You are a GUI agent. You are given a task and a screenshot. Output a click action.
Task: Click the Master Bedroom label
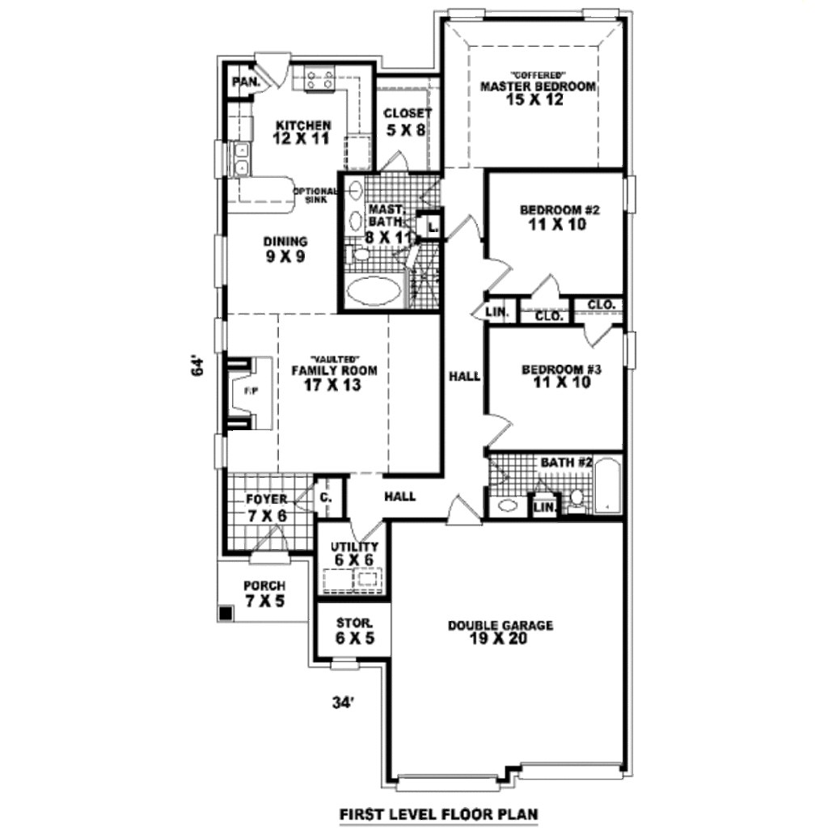coord(538,87)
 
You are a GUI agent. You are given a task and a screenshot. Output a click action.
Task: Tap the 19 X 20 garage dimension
coord(501,640)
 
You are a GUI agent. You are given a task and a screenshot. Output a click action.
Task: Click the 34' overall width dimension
coord(344,703)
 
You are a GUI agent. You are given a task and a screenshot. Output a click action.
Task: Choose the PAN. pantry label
coord(245,82)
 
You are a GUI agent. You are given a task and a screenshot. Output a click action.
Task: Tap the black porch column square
coord(226,614)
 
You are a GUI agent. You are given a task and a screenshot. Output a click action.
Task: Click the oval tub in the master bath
coord(374,290)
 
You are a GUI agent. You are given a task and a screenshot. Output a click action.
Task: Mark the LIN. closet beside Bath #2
coord(544,507)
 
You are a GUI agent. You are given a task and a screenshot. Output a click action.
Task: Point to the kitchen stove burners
coord(320,78)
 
